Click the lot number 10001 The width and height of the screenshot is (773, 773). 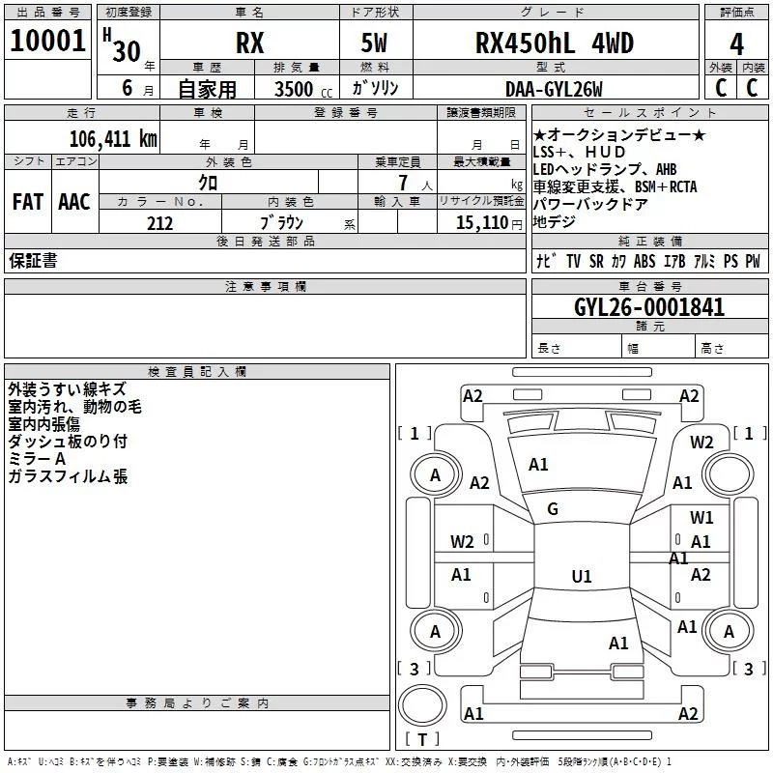tap(47, 41)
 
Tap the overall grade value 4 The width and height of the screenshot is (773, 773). tap(736, 44)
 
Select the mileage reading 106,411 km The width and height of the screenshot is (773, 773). tap(113, 139)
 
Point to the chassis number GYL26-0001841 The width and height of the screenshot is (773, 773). tap(649, 307)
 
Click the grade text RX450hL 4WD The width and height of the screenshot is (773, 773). tap(554, 43)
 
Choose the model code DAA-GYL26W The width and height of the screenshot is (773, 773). tap(554, 89)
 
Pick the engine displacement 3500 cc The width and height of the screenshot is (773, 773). tap(303, 89)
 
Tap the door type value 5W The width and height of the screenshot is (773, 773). tap(374, 43)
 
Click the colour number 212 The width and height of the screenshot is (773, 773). tap(159, 223)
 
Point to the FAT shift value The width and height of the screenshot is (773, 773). tap(28, 202)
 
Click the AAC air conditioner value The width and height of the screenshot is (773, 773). tap(74, 202)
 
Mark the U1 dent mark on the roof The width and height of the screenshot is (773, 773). tap(582, 576)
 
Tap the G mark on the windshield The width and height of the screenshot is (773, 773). tap(553, 509)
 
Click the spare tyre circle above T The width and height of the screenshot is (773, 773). tap(422, 705)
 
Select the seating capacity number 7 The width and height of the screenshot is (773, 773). tap(403, 183)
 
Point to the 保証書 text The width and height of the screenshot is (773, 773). tap(33, 261)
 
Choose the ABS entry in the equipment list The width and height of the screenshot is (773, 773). tap(644, 261)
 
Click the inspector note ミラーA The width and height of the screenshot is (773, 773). tap(37, 459)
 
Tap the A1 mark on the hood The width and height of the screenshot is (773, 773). tap(538, 465)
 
